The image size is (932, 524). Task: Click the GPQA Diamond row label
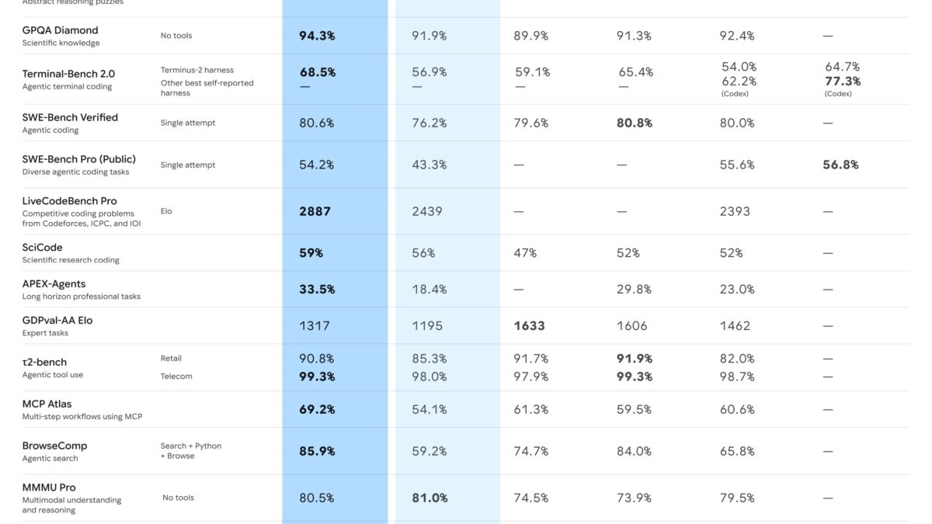click(x=61, y=30)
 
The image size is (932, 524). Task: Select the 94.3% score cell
click(x=317, y=36)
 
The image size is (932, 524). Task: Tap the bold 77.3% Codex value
click(x=843, y=81)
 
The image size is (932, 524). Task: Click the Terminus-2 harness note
click(x=197, y=70)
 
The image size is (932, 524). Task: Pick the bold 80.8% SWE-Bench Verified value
click(x=635, y=123)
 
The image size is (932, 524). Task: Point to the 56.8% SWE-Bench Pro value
click(x=841, y=165)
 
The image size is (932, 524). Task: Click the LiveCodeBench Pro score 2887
click(x=315, y=211)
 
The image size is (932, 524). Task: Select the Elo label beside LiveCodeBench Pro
click(x=166, y=211)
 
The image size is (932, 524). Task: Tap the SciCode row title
click(x=43, y=248)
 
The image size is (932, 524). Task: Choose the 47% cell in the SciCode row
click(x=525, y=253)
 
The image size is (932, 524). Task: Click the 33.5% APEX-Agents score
click(x=317, y=290)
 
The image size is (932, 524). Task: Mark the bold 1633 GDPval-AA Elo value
click(x=529, y=326)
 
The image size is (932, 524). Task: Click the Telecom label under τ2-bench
click(x=176, y=377)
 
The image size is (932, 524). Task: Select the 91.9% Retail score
click(x=635, y=359)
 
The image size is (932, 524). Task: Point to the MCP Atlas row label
click(x=47, y=404)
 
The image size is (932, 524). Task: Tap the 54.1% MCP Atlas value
click(x=429, y=409)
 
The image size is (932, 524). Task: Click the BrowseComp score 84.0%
click(x=635, y=451)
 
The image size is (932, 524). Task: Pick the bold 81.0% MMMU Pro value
click(x=429, y=498)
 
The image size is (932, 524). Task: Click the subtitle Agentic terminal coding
click(x=67, y=86)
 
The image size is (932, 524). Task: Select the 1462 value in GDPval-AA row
click(x=736, y=326)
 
